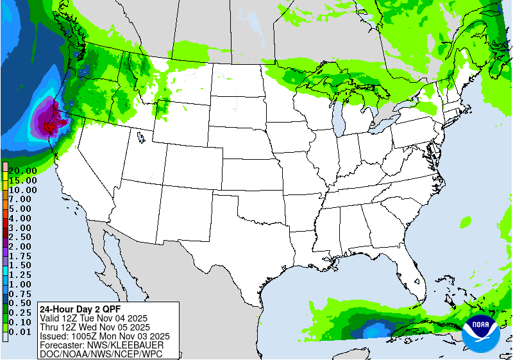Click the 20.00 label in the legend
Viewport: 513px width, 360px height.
pos(22,171)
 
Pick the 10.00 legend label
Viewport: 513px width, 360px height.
pos(22,190)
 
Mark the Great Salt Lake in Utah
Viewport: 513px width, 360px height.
pos(139,137)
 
